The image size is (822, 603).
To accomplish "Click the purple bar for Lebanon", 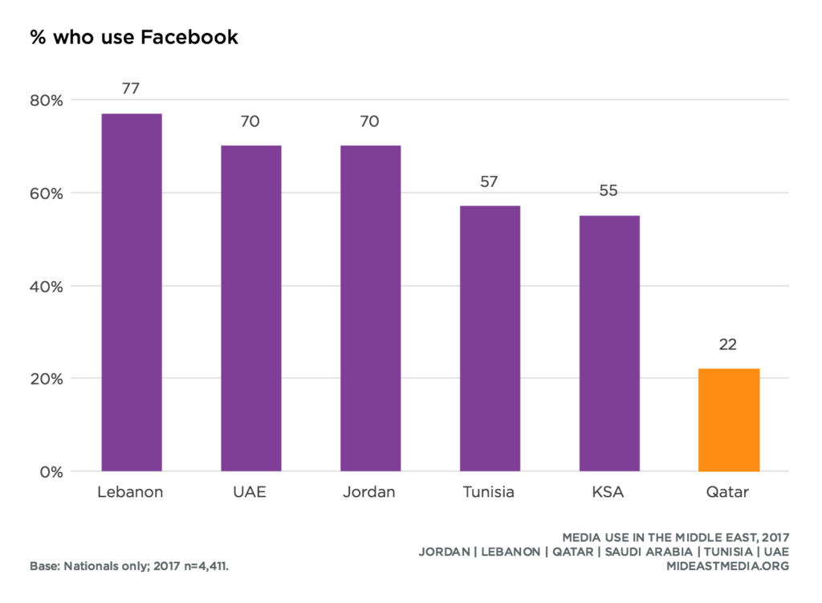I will (132, 292).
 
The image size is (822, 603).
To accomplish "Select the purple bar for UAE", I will (251, 308).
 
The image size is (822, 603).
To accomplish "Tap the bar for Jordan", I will (370, 308).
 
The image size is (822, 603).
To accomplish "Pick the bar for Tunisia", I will (490, 338).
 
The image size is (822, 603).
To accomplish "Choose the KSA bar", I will (609, 343).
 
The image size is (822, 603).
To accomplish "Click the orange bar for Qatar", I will (729, 420).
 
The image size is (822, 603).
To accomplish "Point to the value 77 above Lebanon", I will (132, 88).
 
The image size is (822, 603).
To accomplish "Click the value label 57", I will (490, 182).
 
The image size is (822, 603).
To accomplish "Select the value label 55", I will (609, 191).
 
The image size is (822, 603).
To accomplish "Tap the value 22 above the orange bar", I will (729, 344).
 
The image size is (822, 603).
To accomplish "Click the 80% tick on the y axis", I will (47, 100).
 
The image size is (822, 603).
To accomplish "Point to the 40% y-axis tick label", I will (47, 286).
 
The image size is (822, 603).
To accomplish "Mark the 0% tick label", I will (51, 471).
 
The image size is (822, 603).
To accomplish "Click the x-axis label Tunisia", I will (489, 492).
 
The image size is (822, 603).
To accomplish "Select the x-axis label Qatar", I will (729, 492).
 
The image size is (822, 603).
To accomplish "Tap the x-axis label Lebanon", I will (130, 492).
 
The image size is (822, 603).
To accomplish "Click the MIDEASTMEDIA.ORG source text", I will (728, 566).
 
